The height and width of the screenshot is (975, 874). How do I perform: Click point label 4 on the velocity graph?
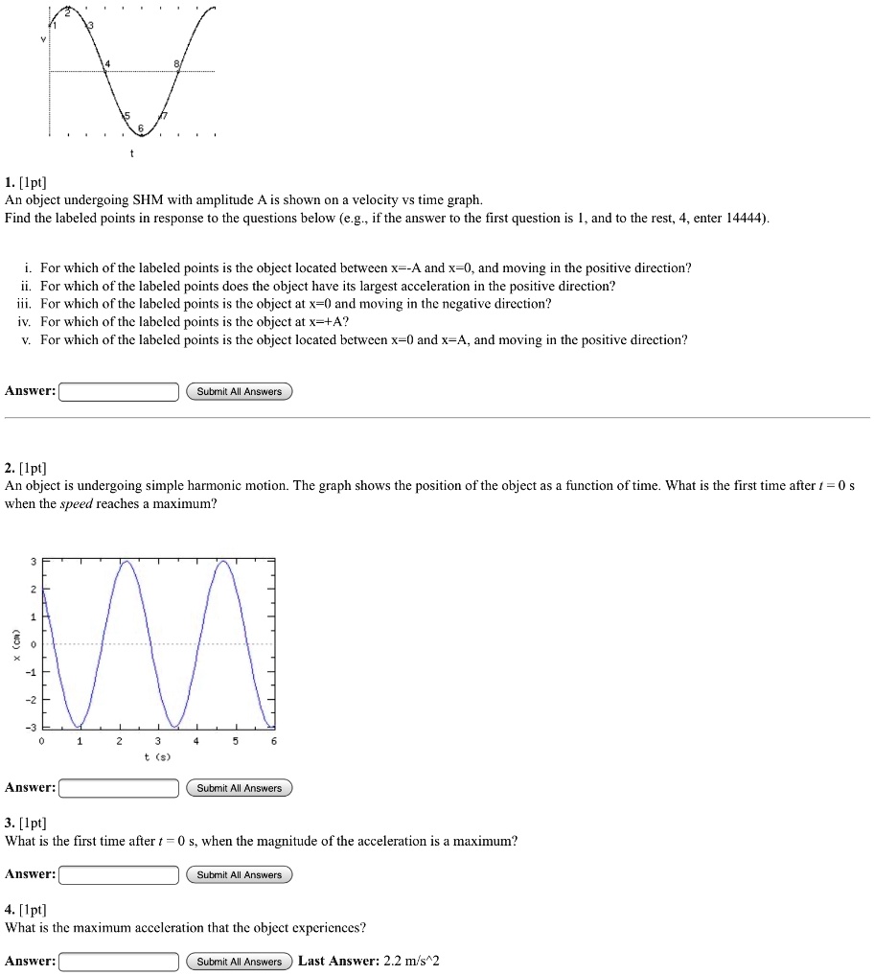point(107,64)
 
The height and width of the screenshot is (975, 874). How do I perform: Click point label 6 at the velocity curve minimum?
point(141,128)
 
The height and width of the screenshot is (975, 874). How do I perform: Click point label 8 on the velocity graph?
point(175,64)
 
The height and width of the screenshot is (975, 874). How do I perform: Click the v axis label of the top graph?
point(42,40)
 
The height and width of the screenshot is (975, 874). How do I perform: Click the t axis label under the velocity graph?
point(132,153)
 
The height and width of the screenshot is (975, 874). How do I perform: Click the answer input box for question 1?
point(119,391)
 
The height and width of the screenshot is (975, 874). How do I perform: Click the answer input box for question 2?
point(119,788)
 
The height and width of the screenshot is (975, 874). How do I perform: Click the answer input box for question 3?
point(119,874)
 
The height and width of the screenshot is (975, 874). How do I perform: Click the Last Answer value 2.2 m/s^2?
point(410,962)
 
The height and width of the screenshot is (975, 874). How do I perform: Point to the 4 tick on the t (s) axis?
point(195,741)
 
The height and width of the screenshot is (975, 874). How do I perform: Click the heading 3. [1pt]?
point(26,823)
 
